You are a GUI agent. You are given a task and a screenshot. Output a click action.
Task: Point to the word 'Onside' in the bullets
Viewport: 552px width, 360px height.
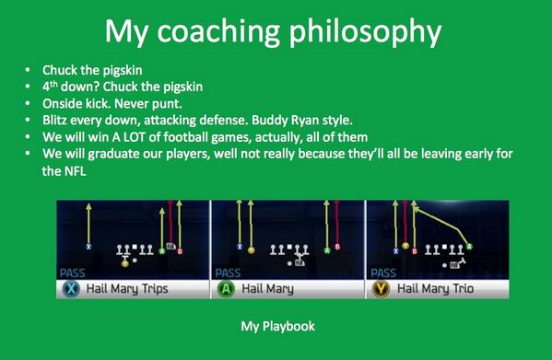pos(62,103)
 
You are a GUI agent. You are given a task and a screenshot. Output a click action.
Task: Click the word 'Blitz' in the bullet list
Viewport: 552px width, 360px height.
pos(57,120)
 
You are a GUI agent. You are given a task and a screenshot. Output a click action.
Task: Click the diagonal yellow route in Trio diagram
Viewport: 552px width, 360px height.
pos(442,223)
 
